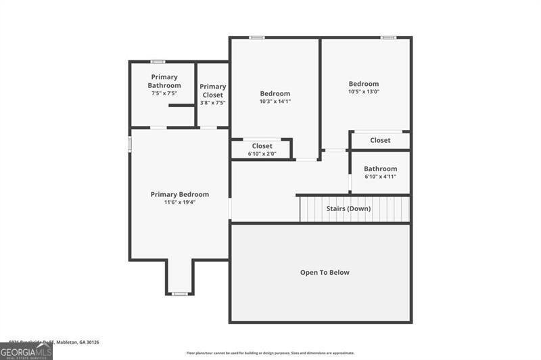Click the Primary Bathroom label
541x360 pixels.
pos(164,81)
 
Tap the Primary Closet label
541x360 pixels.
pos(212,91)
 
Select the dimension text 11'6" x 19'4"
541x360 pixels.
pos(179,202)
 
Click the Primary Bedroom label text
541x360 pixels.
pos(179,194)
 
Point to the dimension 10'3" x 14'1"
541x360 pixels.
pos(275,102)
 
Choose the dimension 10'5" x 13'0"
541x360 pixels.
pos(364,92)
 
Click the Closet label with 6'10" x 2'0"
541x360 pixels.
pos(262,145)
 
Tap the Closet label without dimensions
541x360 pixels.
pos(380,140)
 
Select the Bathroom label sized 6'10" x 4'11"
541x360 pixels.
pos(380,168)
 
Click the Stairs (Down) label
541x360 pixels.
pos(348,208)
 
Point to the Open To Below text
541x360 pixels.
pos(325,272)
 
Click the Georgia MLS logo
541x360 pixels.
pos(26,351)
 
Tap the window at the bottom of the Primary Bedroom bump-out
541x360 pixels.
pos(179,294)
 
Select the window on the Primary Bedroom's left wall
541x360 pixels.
pos(130,144)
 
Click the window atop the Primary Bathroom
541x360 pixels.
pos(158,62)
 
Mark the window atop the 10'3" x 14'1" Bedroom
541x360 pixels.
pos(256,37)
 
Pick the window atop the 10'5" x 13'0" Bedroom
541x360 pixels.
pos(387,37)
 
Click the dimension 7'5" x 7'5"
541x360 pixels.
pos(164,93)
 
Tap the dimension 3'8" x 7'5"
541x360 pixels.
pos(212,103)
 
